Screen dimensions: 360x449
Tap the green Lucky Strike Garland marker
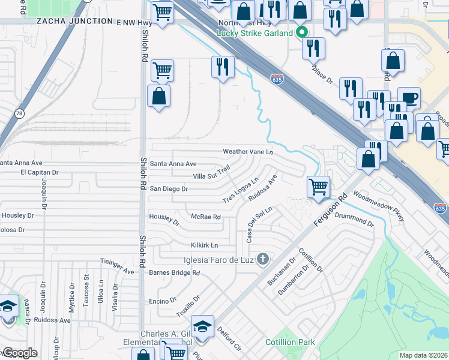click(303, 33)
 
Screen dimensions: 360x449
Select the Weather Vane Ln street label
click(247, 152)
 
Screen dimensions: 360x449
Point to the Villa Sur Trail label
click(211, 173)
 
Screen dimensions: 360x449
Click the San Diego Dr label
click(169, 188)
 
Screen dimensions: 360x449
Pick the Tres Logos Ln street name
click(240, 190)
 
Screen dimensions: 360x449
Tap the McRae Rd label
click(205, 217)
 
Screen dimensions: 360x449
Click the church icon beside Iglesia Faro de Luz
click(262, 259)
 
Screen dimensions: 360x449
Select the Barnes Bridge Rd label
click(174, 272)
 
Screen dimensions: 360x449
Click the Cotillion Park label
click(291, 342)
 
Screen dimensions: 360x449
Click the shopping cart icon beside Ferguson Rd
click(318, 187)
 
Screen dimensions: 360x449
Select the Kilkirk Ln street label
click(204, 245)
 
